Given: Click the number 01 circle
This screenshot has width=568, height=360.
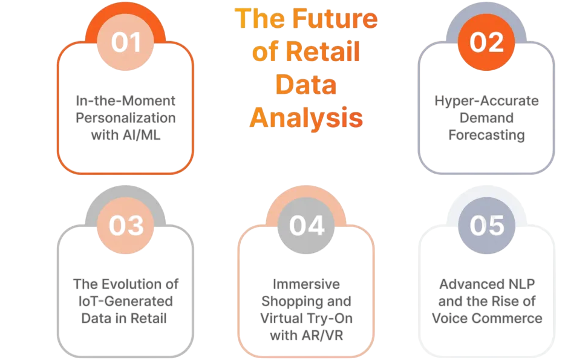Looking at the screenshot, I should tap(126, 42).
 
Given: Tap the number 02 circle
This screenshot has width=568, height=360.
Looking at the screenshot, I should tap(487, 42).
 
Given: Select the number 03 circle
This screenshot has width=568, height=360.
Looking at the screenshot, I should tap(126, 225).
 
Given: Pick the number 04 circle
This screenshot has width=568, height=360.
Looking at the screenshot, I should tap(306, 225).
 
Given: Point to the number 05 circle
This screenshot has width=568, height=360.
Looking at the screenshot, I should tap(487, 225).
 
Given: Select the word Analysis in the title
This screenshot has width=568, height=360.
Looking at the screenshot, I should tap(306, 117).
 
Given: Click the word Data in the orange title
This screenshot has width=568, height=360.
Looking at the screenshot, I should tap(306, 85).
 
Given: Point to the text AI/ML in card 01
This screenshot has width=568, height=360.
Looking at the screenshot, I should tap(143, 134).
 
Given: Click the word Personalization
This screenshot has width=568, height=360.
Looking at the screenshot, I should tap(126, 117).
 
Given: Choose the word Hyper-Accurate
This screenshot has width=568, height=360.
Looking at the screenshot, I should tap(486, 100).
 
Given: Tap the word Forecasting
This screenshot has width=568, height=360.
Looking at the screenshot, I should tap(486, 134).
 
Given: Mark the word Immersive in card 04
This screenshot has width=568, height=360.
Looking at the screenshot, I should tap(306, 284).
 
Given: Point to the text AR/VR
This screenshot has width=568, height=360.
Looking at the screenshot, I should tap(321, 335).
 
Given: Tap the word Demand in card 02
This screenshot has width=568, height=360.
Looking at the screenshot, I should tap(486, 117).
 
